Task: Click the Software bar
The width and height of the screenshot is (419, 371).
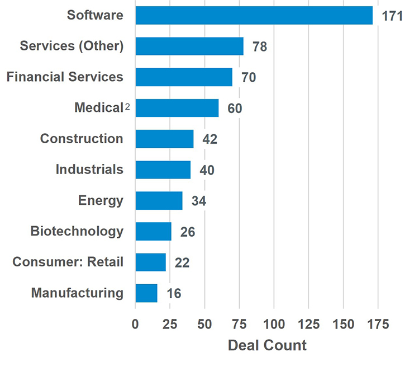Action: (254, 16)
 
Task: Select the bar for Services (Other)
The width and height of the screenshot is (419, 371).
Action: (189, 46)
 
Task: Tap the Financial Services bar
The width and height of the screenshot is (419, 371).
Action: (184, 77)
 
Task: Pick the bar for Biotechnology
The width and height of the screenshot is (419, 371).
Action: (153, 231)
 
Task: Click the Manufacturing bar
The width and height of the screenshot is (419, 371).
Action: (146, 293)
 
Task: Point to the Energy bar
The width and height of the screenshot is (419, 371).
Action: (159, 200)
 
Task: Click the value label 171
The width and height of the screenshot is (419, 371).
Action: (392, 16)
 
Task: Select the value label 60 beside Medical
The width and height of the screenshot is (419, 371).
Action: (235, 109)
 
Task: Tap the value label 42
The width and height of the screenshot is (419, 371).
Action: (209, 139)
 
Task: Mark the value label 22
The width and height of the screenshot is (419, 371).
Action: (182, 262)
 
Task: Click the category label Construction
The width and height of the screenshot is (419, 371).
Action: (82, 139)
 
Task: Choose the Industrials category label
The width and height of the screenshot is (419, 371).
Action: (89, 170)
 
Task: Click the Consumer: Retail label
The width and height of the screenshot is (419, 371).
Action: (68, 262)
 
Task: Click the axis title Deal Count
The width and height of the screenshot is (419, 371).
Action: (267, 345)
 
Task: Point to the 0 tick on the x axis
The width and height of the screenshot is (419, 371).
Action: (135, 324)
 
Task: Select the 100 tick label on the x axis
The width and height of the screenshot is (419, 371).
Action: (274, 324)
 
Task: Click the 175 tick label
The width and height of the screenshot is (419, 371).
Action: (378, 324)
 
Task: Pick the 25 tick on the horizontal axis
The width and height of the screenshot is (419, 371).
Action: (170, 324)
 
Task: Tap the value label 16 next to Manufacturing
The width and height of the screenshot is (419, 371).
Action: (173, 293)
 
